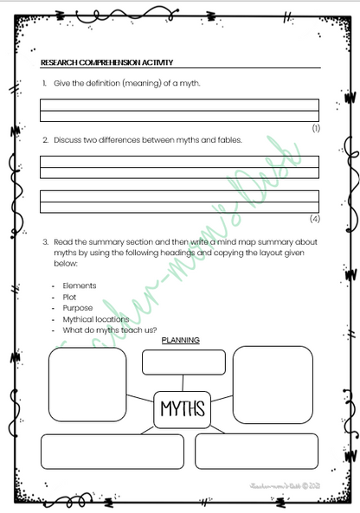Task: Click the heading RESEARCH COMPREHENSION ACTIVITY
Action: click(x=107, y=62)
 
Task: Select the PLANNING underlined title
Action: click(x=181, y=340)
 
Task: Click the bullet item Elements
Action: click(x=80, y=285)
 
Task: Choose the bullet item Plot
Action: click(x=69, y=297)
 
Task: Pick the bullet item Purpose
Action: click(x=78, y=308)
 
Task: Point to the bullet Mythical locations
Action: click(x=96, y=319)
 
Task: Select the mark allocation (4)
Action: click(x=315, y=219)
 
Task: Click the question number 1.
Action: click(x=44, y=83)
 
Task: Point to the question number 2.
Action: click(x=44, y=139)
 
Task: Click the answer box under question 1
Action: click(x=179, y=110)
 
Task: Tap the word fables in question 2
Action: click(x=228, y=139)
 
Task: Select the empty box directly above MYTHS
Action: click(x=183, y=362)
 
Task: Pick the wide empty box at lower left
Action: click(x=112, y=451)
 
